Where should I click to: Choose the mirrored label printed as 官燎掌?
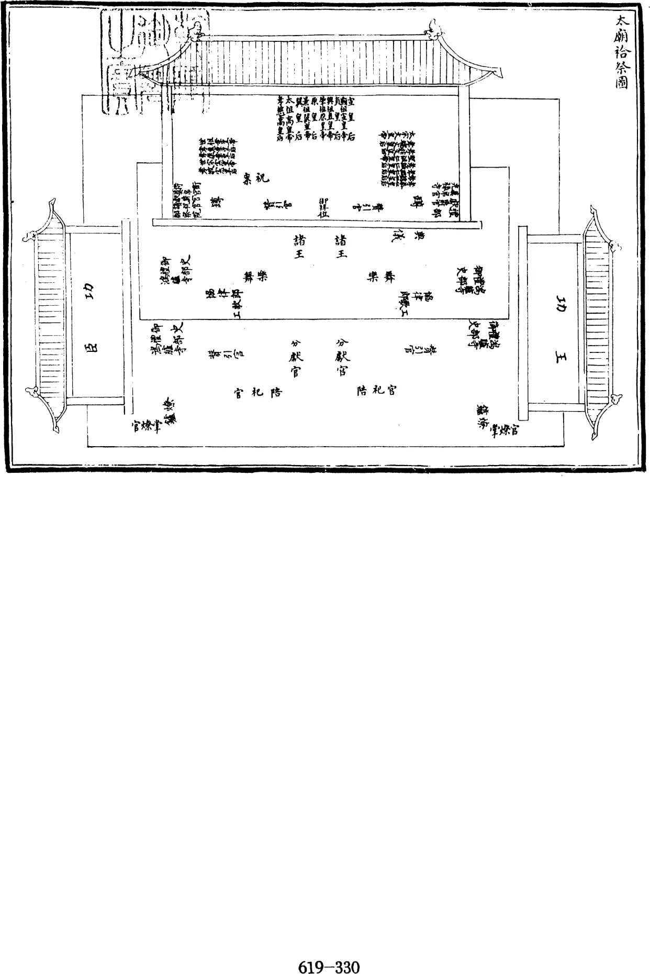(144, 427)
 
